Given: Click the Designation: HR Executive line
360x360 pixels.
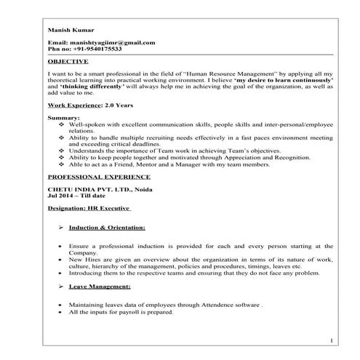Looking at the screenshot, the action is tap(89, 207).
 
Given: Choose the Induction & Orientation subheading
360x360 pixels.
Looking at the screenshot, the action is tap(107, 228).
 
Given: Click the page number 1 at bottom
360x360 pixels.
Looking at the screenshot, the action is tap(330, 340).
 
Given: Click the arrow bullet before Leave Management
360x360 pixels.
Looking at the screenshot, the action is tap(60, 288).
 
